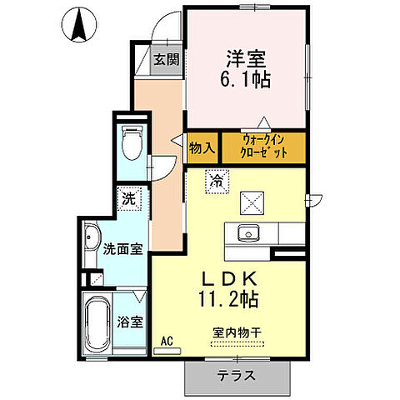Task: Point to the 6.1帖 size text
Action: click(246, 81)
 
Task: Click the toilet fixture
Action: click(132, 143)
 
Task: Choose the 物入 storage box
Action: click(202, 147)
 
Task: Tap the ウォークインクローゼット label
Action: click(265, 147)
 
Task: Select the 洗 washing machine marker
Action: click(129, 200)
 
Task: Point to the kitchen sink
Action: click(247, 232)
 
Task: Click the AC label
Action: click(166, 340)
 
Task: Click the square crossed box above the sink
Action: click(251, 201)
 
